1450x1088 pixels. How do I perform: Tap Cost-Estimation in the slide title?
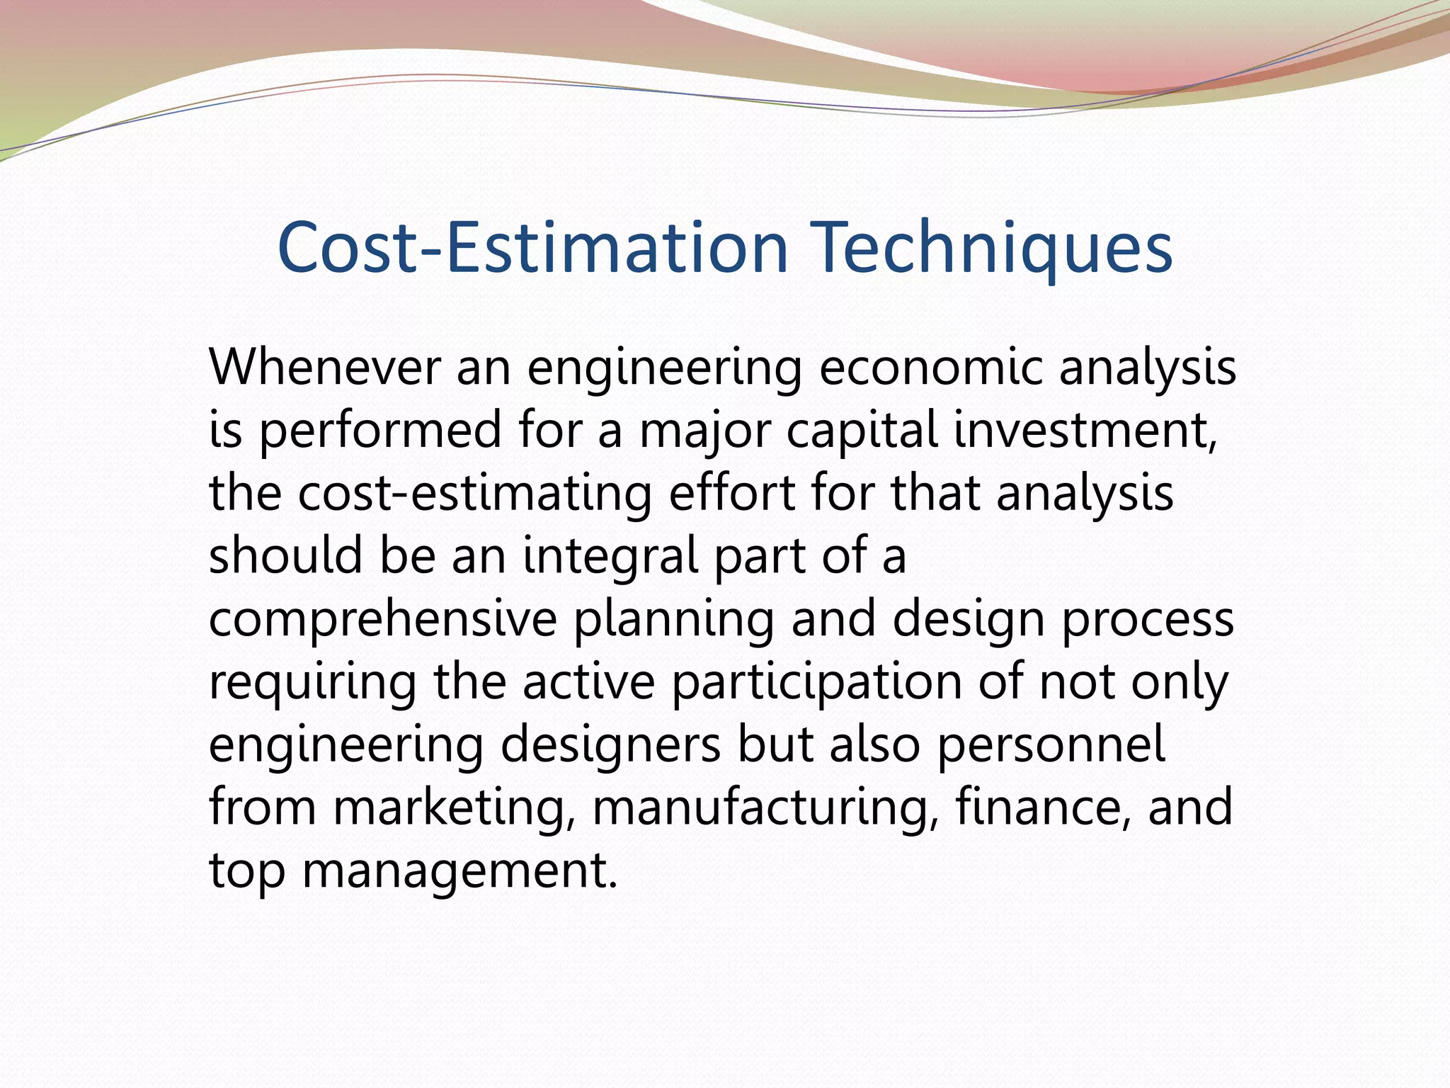(532, 247)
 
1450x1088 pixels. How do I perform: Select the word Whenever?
(324, 368)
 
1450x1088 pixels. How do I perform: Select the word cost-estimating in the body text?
(474, 494)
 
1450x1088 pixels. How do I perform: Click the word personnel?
(1051, 744)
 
